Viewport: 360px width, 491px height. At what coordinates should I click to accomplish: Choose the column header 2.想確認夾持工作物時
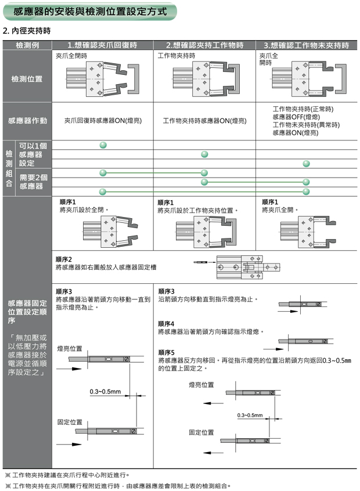pyautogui.click(x=204, y=45)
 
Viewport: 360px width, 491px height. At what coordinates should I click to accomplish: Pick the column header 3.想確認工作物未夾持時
pyautogui.click(x=306, y=45)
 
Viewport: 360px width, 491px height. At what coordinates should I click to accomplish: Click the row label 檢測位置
pyautogui.click(x=27, y=78)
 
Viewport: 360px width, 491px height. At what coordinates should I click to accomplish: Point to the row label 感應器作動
pyautogui.click(x=27, y=121)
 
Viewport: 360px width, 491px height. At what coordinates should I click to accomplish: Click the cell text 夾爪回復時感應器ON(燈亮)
pyautogui.click(x=103, y=121)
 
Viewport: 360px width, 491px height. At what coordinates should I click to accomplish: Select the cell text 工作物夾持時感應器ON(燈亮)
pyautogui.click(x=204, y=121)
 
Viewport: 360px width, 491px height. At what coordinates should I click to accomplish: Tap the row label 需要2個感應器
pyautogui.click(x=33, y=182)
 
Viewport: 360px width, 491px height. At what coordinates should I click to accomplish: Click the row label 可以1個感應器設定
pyautogui.click(x=33, y=154)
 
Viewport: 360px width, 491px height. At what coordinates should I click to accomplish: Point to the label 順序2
pyautogui.click(x=64, y=259)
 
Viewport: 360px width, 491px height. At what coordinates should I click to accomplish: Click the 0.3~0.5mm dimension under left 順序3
pyautogui.click(x=105, y=392)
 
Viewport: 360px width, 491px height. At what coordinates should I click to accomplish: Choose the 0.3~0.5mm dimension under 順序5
pyautogui.click(x=250, y=416)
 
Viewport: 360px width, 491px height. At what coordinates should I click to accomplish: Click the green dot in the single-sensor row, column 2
pyautogui.click(x=204, y=154)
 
